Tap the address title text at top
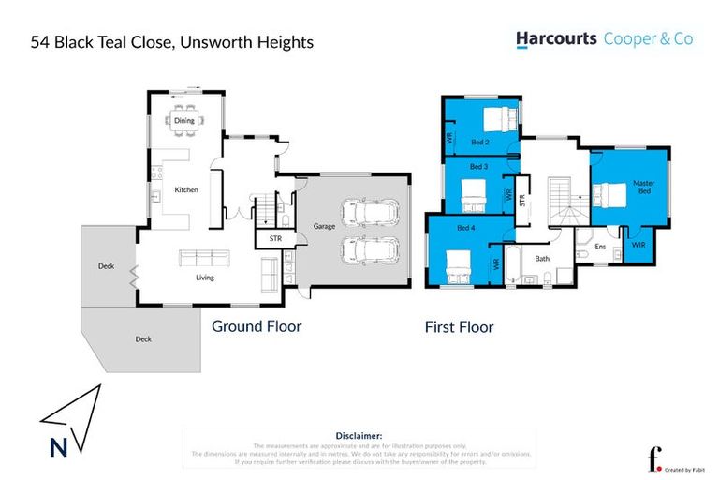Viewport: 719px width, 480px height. [x=172, y=42]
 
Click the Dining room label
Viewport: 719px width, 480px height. [x=184, y=120]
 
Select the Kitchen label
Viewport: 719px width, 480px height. [x=186, y=190]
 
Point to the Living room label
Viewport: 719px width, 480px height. [x=204, y=277]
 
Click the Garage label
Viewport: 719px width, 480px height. [x=324, y=226]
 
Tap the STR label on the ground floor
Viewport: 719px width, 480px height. [x=274, y=239]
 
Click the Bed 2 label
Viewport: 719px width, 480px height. [x=480, y=142]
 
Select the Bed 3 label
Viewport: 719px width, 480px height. [x=478, y=167]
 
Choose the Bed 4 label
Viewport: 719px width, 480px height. [x=466, y=228]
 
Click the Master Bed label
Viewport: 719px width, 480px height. [x=642, y=187]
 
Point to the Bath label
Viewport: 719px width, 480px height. [x=542, y=258]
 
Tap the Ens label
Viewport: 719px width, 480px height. [x=600, y=247]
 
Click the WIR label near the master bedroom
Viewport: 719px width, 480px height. [x=638, y=245]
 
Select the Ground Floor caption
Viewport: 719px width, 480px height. [x=256, y=327]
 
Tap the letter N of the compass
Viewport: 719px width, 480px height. [x=58, y=448]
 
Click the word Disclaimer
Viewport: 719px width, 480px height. [x=359, y=436]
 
